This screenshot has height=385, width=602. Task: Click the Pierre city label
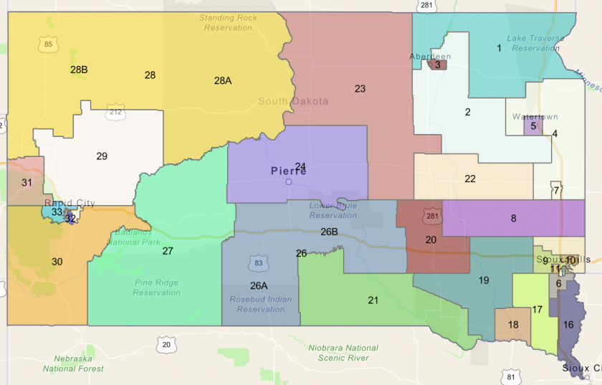click(289, 171)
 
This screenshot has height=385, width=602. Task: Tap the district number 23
click(360, 89)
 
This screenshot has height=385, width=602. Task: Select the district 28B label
click(79, 70)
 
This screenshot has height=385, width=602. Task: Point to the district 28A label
click(223, 81)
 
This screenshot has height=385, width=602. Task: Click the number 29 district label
click(101, 156)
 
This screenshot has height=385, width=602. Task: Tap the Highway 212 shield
click(115, 111)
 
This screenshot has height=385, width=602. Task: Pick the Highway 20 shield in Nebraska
click(166, 344)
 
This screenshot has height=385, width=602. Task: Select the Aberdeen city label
click(430, 56)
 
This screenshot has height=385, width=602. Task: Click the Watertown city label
click(535, 116)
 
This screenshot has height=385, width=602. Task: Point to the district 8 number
click(513, 218)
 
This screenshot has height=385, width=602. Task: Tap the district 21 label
click(373, 300)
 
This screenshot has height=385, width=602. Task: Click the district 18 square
click(513, 324)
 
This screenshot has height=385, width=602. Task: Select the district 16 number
click(568, 324)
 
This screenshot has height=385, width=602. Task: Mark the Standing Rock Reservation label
click(228, 22)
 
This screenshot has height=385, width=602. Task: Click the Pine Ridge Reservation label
click(156, 287)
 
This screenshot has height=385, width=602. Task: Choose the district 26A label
click(259, 285)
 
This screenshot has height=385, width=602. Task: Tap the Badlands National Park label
click(135, 237)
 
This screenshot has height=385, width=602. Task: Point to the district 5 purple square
click(533, 126)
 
